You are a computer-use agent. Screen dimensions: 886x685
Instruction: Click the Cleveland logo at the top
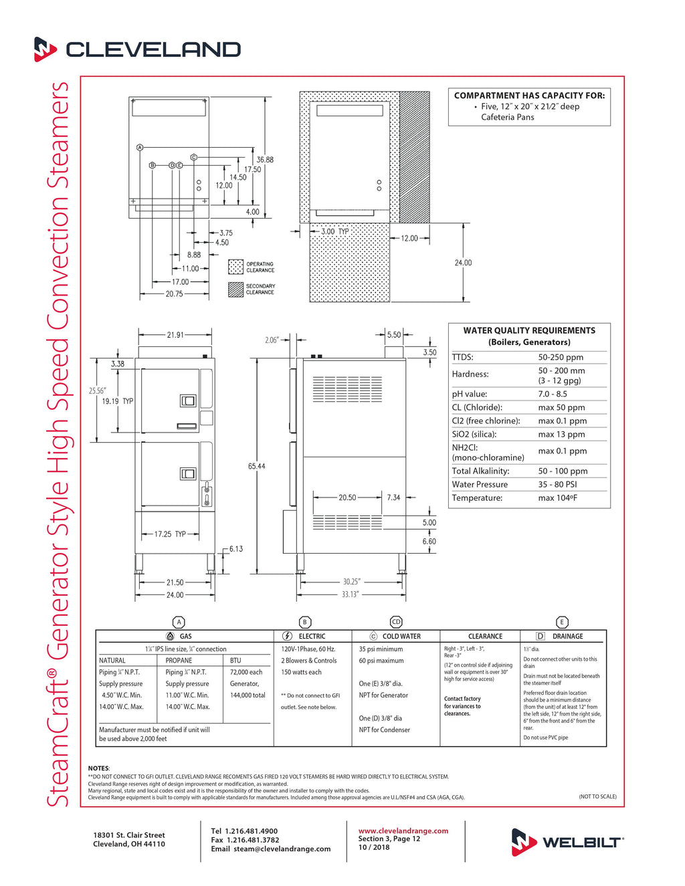click(137, 49)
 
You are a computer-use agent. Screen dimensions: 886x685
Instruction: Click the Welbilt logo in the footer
click(567, 842)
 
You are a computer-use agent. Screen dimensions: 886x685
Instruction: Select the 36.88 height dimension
click(265, 160)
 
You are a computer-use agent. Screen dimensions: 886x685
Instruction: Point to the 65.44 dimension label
click(256, 466)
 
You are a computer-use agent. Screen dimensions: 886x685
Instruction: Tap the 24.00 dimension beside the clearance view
click(463, 263)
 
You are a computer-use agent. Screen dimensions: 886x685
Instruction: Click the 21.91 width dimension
click(175, 335)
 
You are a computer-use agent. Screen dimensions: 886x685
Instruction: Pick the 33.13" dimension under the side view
click(350, 594)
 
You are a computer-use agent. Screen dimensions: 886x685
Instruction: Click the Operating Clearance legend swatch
click(235, 267)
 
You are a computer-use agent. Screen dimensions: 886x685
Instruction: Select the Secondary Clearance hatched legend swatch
click(235, 289)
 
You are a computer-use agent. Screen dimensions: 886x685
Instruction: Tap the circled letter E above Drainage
click(562, 622)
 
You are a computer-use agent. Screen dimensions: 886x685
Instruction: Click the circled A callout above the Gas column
click(179, 622)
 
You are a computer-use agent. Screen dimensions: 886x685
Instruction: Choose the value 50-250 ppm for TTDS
click(561, 358)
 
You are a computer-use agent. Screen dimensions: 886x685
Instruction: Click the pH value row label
click(470, 394)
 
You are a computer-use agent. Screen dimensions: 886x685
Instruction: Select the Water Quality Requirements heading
click(529, 330)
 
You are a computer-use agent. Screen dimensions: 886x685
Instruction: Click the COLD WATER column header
click(401, 637)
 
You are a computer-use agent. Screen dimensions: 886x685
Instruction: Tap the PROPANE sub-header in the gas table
click(179, 660)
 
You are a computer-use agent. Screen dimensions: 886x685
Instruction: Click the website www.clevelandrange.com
click(403, 830)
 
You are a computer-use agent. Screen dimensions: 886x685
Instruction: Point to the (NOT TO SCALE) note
click(597, 796)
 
